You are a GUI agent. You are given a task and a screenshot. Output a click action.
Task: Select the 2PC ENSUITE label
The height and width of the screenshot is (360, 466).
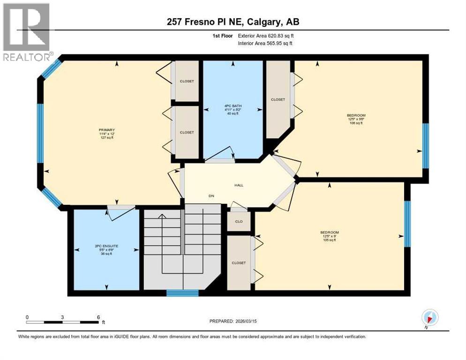coord(107,246)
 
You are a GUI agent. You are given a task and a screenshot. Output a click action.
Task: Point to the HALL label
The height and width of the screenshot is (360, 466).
coord(239,185)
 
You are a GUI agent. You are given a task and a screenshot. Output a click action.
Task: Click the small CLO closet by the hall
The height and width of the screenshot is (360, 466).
coord(239,221)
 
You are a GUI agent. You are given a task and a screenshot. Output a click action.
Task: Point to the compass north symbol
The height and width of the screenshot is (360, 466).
coord(429,317)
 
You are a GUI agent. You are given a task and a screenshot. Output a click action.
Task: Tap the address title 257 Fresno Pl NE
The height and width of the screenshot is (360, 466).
coord(233,22)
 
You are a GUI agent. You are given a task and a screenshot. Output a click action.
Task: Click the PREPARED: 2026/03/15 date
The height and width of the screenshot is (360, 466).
coord(233,321)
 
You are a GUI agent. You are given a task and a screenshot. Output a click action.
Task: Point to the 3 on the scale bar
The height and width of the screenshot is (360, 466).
coord(62,317)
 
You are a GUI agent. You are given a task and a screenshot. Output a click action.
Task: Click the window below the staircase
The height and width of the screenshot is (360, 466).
coord(182,293)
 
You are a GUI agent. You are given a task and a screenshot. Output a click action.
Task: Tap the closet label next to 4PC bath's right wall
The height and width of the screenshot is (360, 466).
coord(278,99)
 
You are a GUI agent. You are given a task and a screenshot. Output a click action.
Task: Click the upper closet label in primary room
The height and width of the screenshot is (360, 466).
coord(187,81)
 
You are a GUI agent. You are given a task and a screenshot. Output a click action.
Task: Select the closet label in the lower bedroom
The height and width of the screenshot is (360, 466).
coord(239,263)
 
